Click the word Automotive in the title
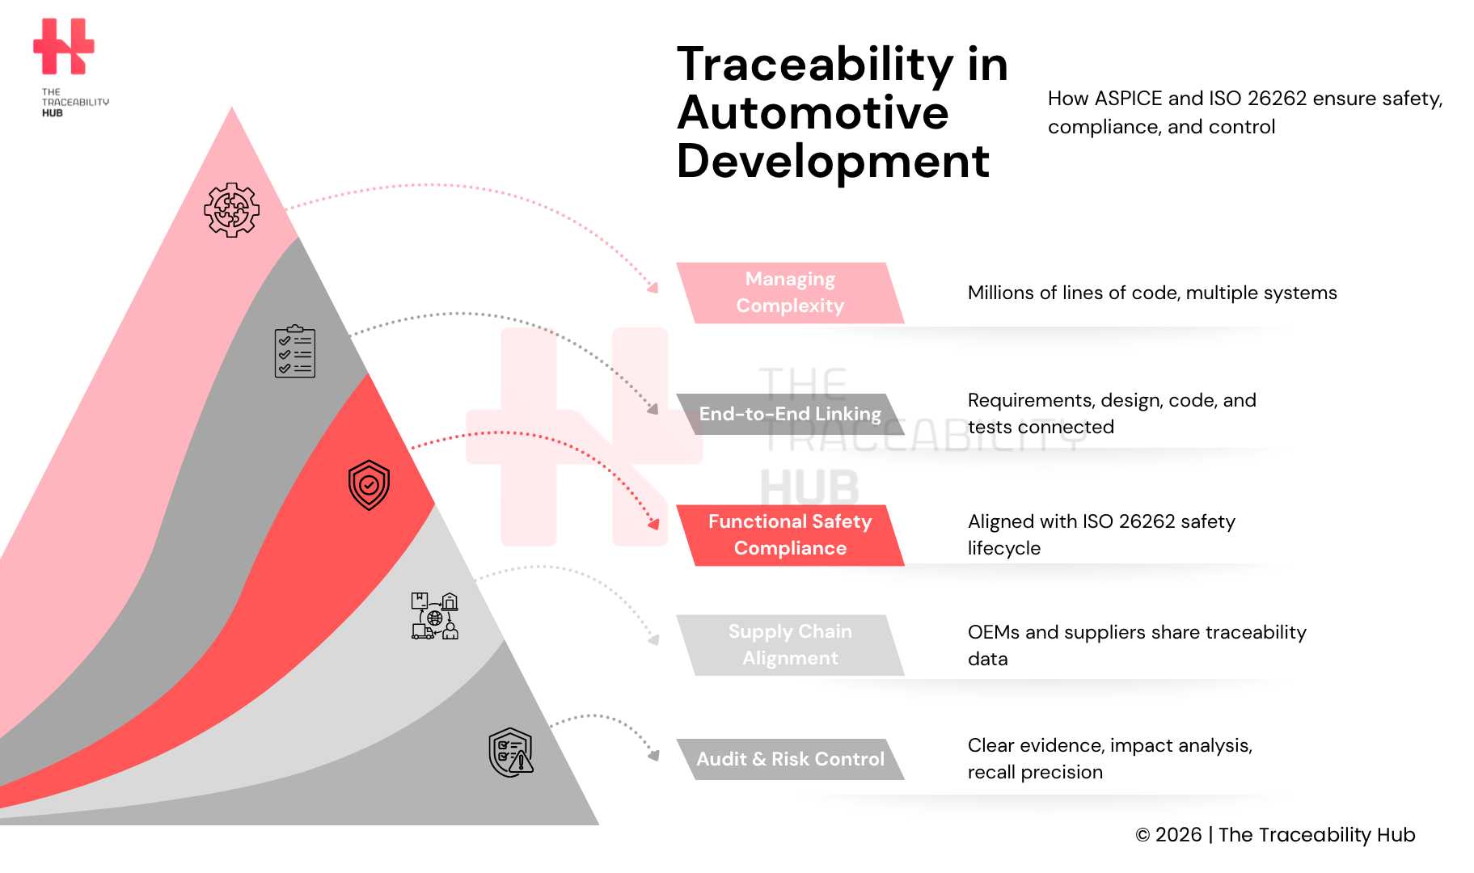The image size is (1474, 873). [813, 113]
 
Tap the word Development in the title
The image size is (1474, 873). [832, 162]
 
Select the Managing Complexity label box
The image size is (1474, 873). [790, 293]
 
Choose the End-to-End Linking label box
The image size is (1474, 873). [790, 414]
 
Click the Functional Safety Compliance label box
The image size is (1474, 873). [790, 535]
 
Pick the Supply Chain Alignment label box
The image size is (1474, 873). [790, 645]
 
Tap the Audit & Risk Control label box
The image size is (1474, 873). [790, 759]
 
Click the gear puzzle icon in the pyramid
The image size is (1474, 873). [232, 210]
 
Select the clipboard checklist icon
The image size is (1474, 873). [295, 352]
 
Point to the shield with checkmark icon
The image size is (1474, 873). [369, 485]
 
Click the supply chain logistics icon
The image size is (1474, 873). [435, 616]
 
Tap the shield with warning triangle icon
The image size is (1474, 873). [511, 753]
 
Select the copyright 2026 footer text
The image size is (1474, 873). [1274, 835]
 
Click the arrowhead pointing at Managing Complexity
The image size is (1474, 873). [653, 288]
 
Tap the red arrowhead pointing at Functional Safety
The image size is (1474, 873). [654, 524]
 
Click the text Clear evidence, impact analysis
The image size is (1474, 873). [1109, 745]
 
